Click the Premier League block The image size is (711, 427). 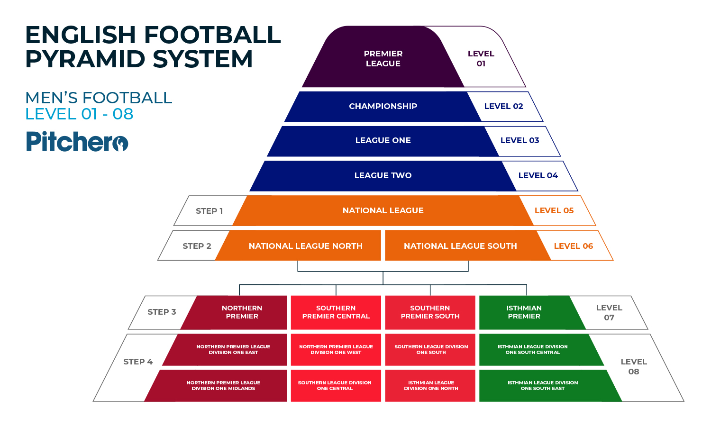pyautogui.click(x=383, y=58)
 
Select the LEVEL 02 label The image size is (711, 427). pyautogui.click(x=503, y=106)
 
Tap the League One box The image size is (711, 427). pyautogui.click(x=383, y=140)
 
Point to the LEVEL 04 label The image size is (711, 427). pyautogui.click(x=538, y=175)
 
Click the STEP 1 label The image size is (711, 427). pyautogui.click(x=209, y=211)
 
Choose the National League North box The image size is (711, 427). pyautogui.click(x=305, y=246)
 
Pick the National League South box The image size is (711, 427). pyautogui.click(x=460, y=246)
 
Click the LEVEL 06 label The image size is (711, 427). pyautogui.click(x=573, y=246)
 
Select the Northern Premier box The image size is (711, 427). pyautogui.click(x=242, y=312)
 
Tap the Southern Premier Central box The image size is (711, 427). pyautogui.click(x=336, y=312)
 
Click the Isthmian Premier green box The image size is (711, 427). pyautogui.click(x=524, y=312)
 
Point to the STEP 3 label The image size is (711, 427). pyautogui.click(x=162, y=312)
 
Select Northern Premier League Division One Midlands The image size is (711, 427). pyautogui.click(x=223, y=385)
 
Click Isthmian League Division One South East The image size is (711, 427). pyautogui.click(x=543, y=385)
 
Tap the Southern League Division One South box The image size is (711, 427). pyautogui.click(x=431, y=349)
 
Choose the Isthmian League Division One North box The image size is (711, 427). pyautogui.click(x=431, y=385)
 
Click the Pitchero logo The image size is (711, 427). pyautogui.click(x=77, y=142)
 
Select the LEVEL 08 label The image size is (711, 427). pyautogui.click(x=634, y=366)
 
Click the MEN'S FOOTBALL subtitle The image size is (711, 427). pyautogui.click(x=99, y=98)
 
